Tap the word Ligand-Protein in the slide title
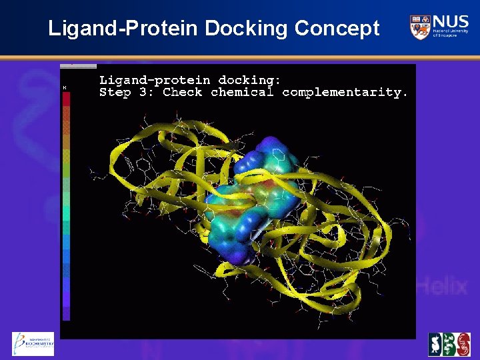click(123, 29)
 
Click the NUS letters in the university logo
click(450, 21)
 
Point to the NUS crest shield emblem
click(419, 27)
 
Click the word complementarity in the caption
click(345, 93)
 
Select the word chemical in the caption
click(242, 93)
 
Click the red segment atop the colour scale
click(66, 99)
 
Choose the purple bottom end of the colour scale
click(66, 312)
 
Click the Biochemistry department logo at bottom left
click(33, 344)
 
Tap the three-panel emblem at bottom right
click(449, 344)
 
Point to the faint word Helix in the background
click(442, 287)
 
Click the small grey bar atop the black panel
click(78, 66)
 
